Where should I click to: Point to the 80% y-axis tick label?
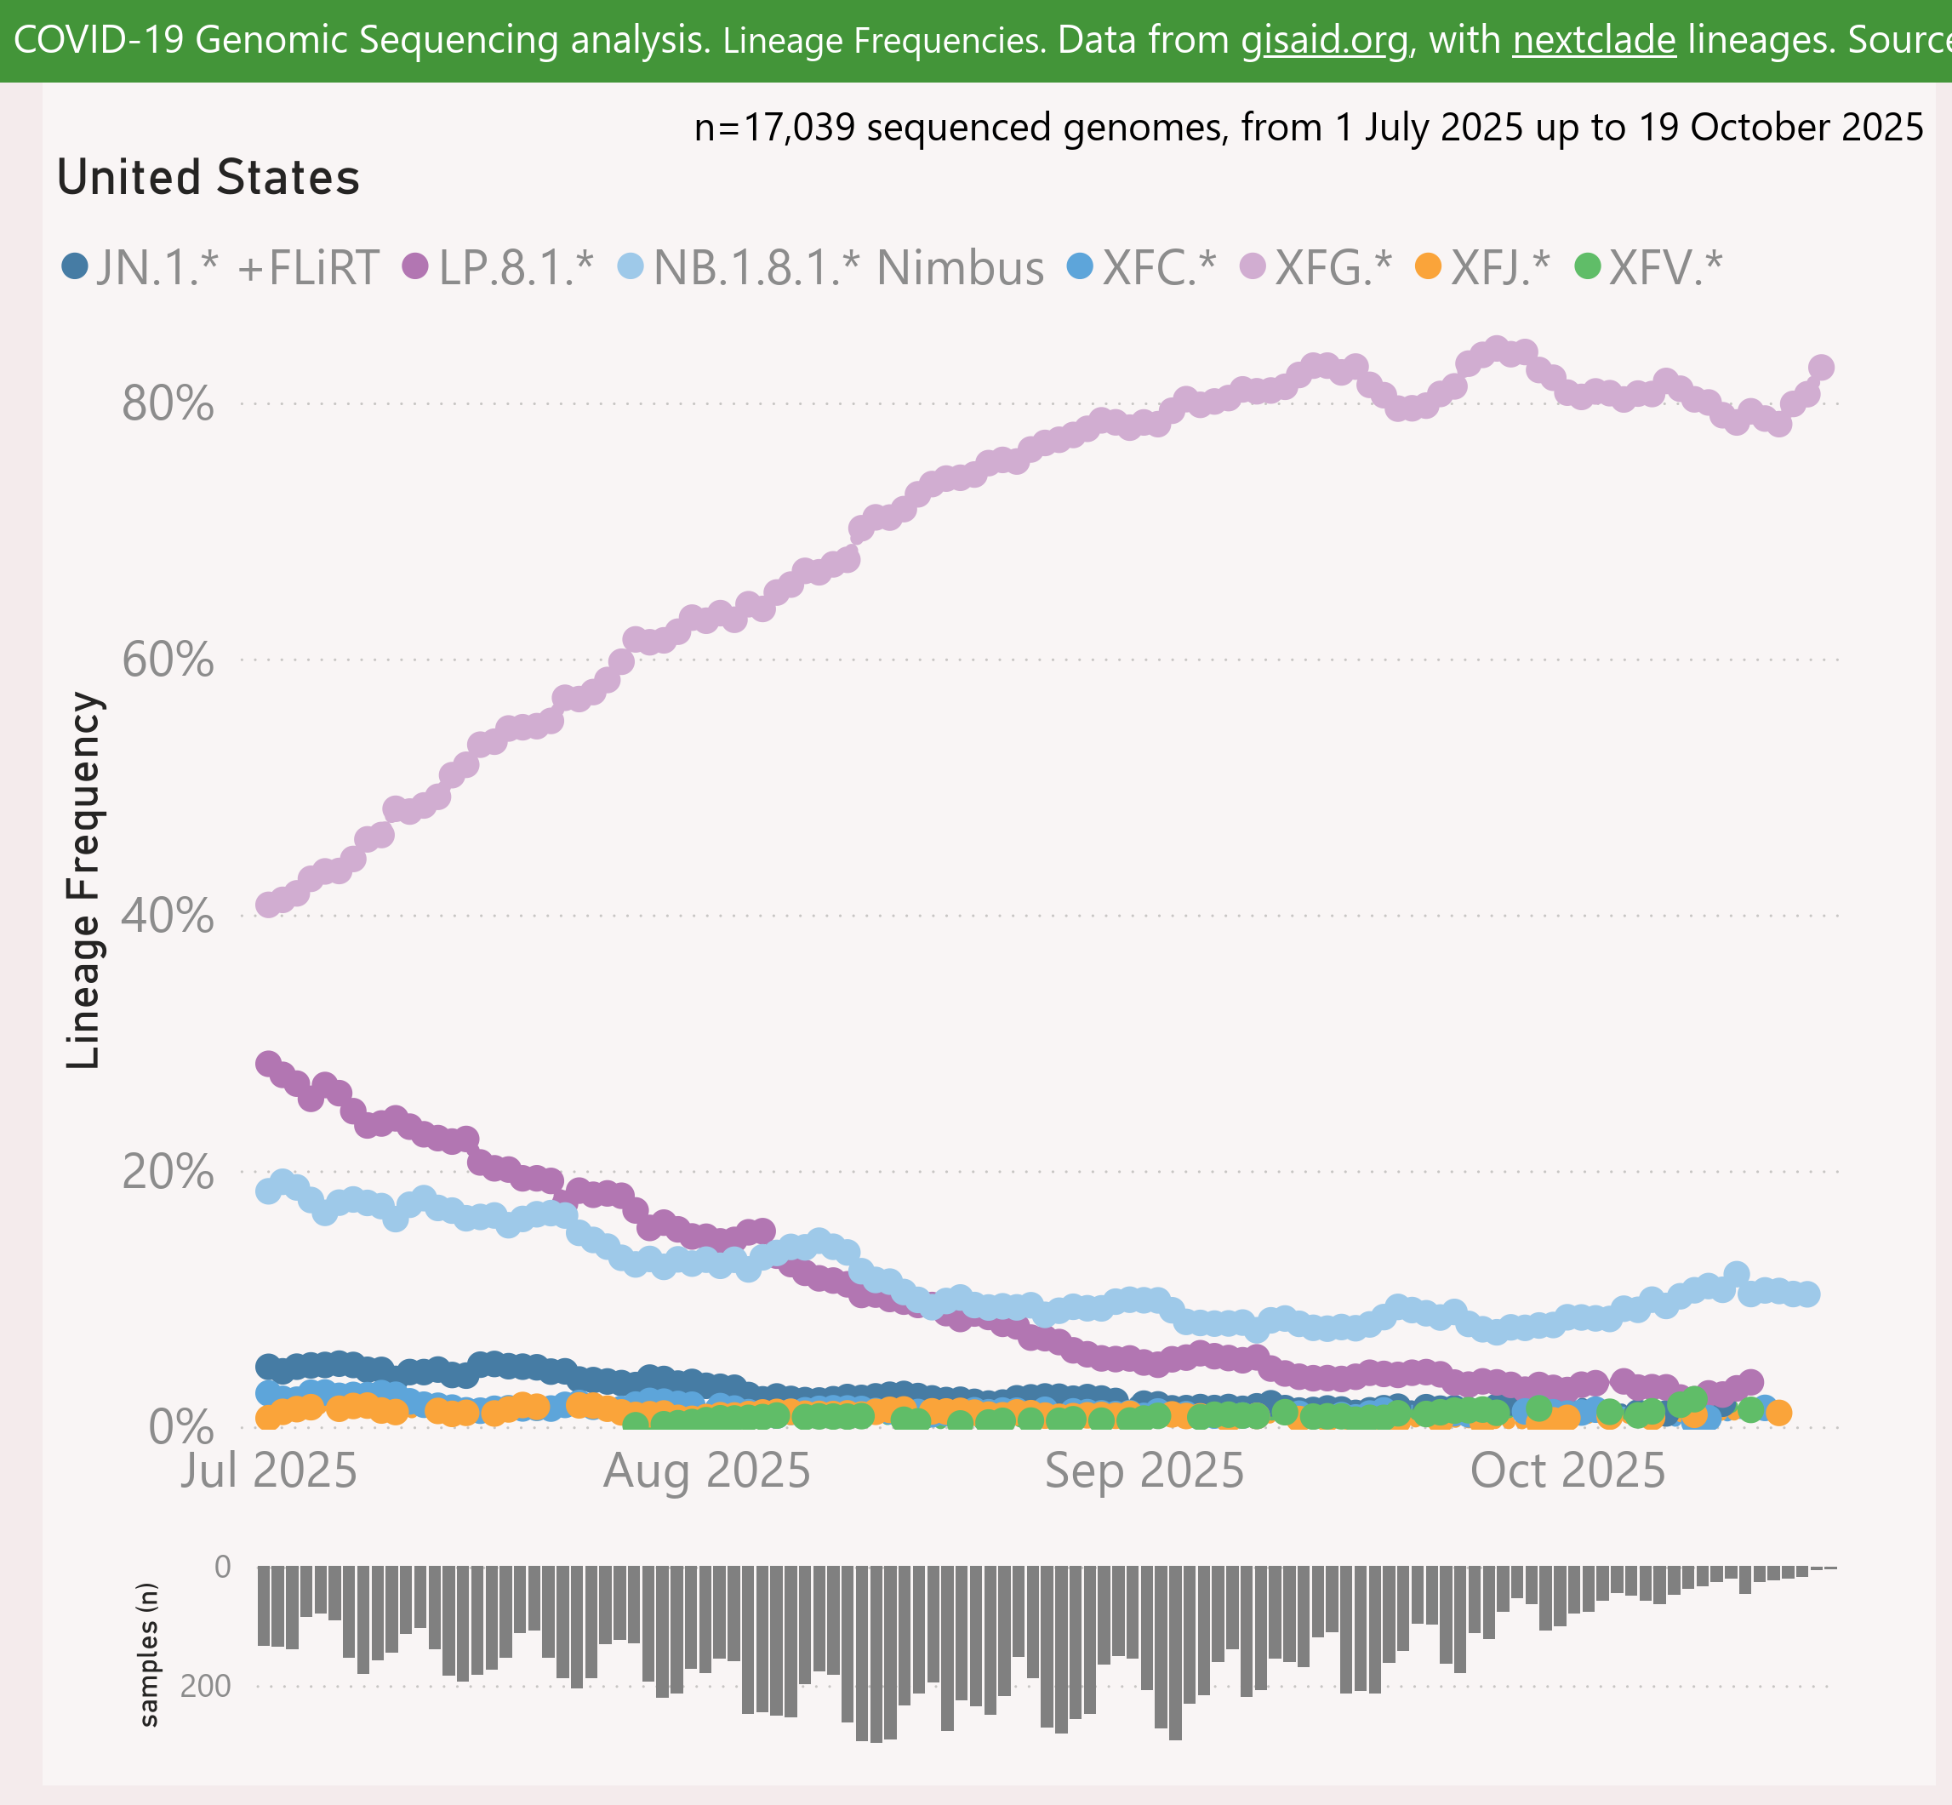(168, 403)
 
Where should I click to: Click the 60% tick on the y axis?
(168, 660)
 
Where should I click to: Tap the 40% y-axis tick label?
(168, 917)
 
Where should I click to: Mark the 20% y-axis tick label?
(168, 1172)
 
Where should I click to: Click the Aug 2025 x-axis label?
(707, 1471)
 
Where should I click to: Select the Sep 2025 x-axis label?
(1144, 1471)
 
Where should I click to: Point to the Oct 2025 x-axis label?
(1568, 1471)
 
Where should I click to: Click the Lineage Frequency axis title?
(84, 880)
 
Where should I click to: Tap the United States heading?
(208, 178)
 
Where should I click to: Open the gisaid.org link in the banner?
(1325, 40)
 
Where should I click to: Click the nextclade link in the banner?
(1594, 40)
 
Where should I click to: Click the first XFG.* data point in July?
(267, 905)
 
